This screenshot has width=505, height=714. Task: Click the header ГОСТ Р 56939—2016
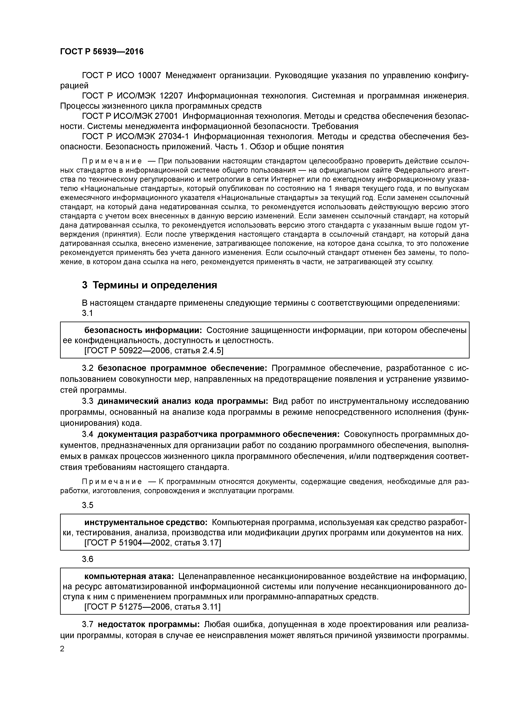click(x=102, y=52)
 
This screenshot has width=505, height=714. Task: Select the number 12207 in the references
click(x=171, y=96)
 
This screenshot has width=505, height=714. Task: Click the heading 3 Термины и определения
click(x=149, y=285)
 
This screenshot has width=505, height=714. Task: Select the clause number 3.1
click(x=87, y=313)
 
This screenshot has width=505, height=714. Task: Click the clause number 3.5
click(x=87, y=505)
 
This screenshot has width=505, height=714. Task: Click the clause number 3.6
click(x=87, y=559)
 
